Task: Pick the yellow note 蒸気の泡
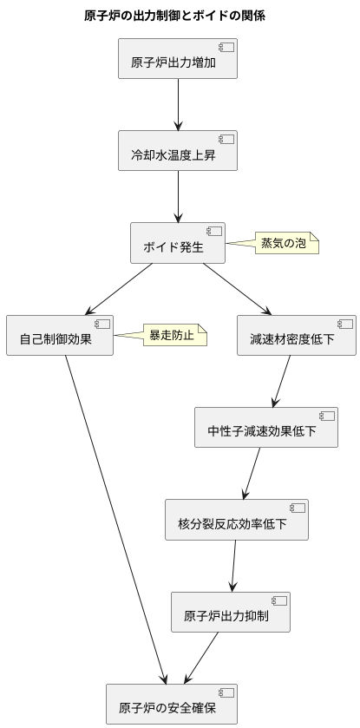point(284,244)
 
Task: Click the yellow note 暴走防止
point(173,336)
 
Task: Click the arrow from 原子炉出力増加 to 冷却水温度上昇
point(178,104)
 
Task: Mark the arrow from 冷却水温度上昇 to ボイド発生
point(178,197)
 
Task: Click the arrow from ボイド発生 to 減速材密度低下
point(237,290)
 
